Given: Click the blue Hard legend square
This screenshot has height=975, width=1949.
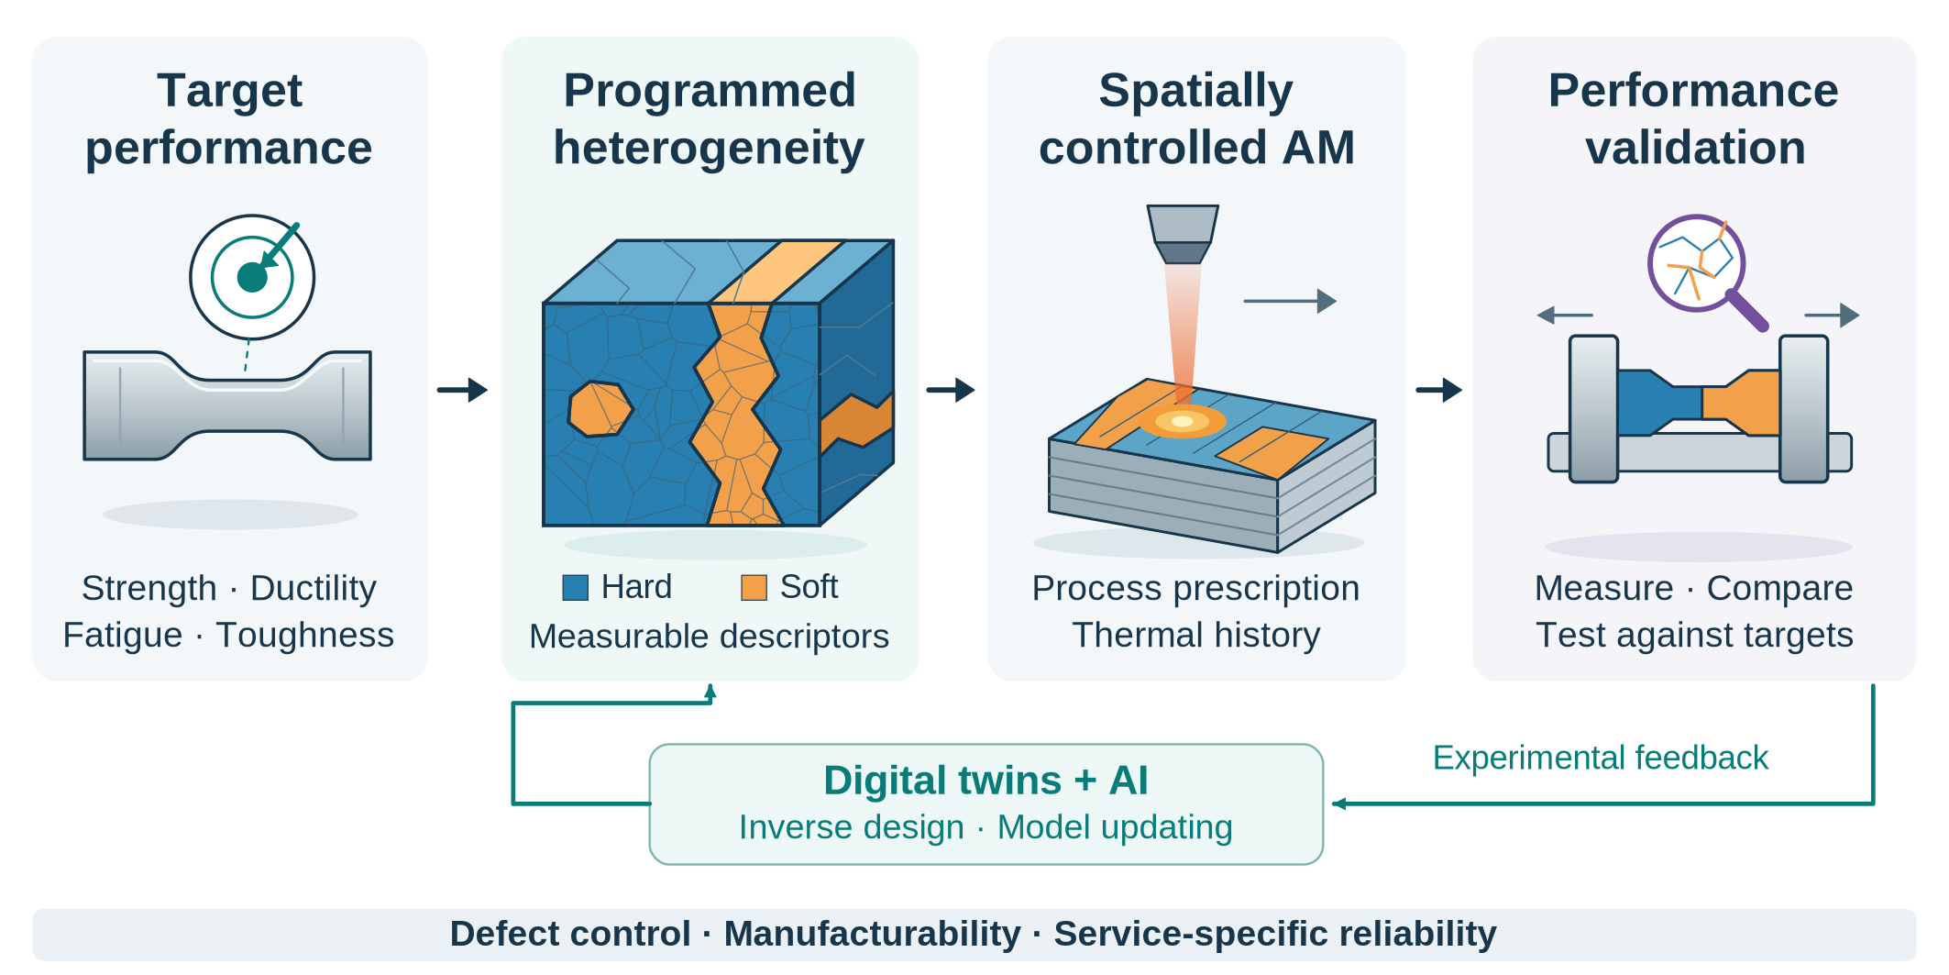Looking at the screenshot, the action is (575, 587).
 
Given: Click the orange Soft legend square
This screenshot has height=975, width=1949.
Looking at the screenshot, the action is (754, 587).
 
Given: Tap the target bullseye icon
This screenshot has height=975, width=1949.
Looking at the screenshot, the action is (252, 276).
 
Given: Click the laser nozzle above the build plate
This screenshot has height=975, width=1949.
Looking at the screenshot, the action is (1183, 234).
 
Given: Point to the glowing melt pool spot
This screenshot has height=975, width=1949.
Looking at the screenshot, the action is (1183, 422).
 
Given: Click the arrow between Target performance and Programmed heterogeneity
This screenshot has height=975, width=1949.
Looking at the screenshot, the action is (462, 390).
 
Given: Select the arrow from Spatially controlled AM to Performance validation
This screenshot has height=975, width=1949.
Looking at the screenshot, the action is (1438, 390).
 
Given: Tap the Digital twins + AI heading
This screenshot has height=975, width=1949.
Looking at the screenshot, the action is (986, 781).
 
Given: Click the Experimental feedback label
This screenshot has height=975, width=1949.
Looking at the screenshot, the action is (1600, 758).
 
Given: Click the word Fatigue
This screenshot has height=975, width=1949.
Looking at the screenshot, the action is (123, 635).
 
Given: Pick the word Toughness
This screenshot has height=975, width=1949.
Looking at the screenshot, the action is (305, 635).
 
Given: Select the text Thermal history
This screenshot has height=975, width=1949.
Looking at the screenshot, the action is (1196, 635).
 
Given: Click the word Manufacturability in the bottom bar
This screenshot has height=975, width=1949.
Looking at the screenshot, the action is (872, 934).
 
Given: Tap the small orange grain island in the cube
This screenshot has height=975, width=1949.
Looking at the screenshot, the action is (600, 408).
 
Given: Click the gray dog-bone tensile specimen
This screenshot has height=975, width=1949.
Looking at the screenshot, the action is (227, 404).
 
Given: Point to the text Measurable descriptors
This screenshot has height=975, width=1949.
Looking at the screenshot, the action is (709, 636).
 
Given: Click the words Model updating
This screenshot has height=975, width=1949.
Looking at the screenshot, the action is (1115, 827).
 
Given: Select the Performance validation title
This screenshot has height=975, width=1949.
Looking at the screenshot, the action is (1694, 119).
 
